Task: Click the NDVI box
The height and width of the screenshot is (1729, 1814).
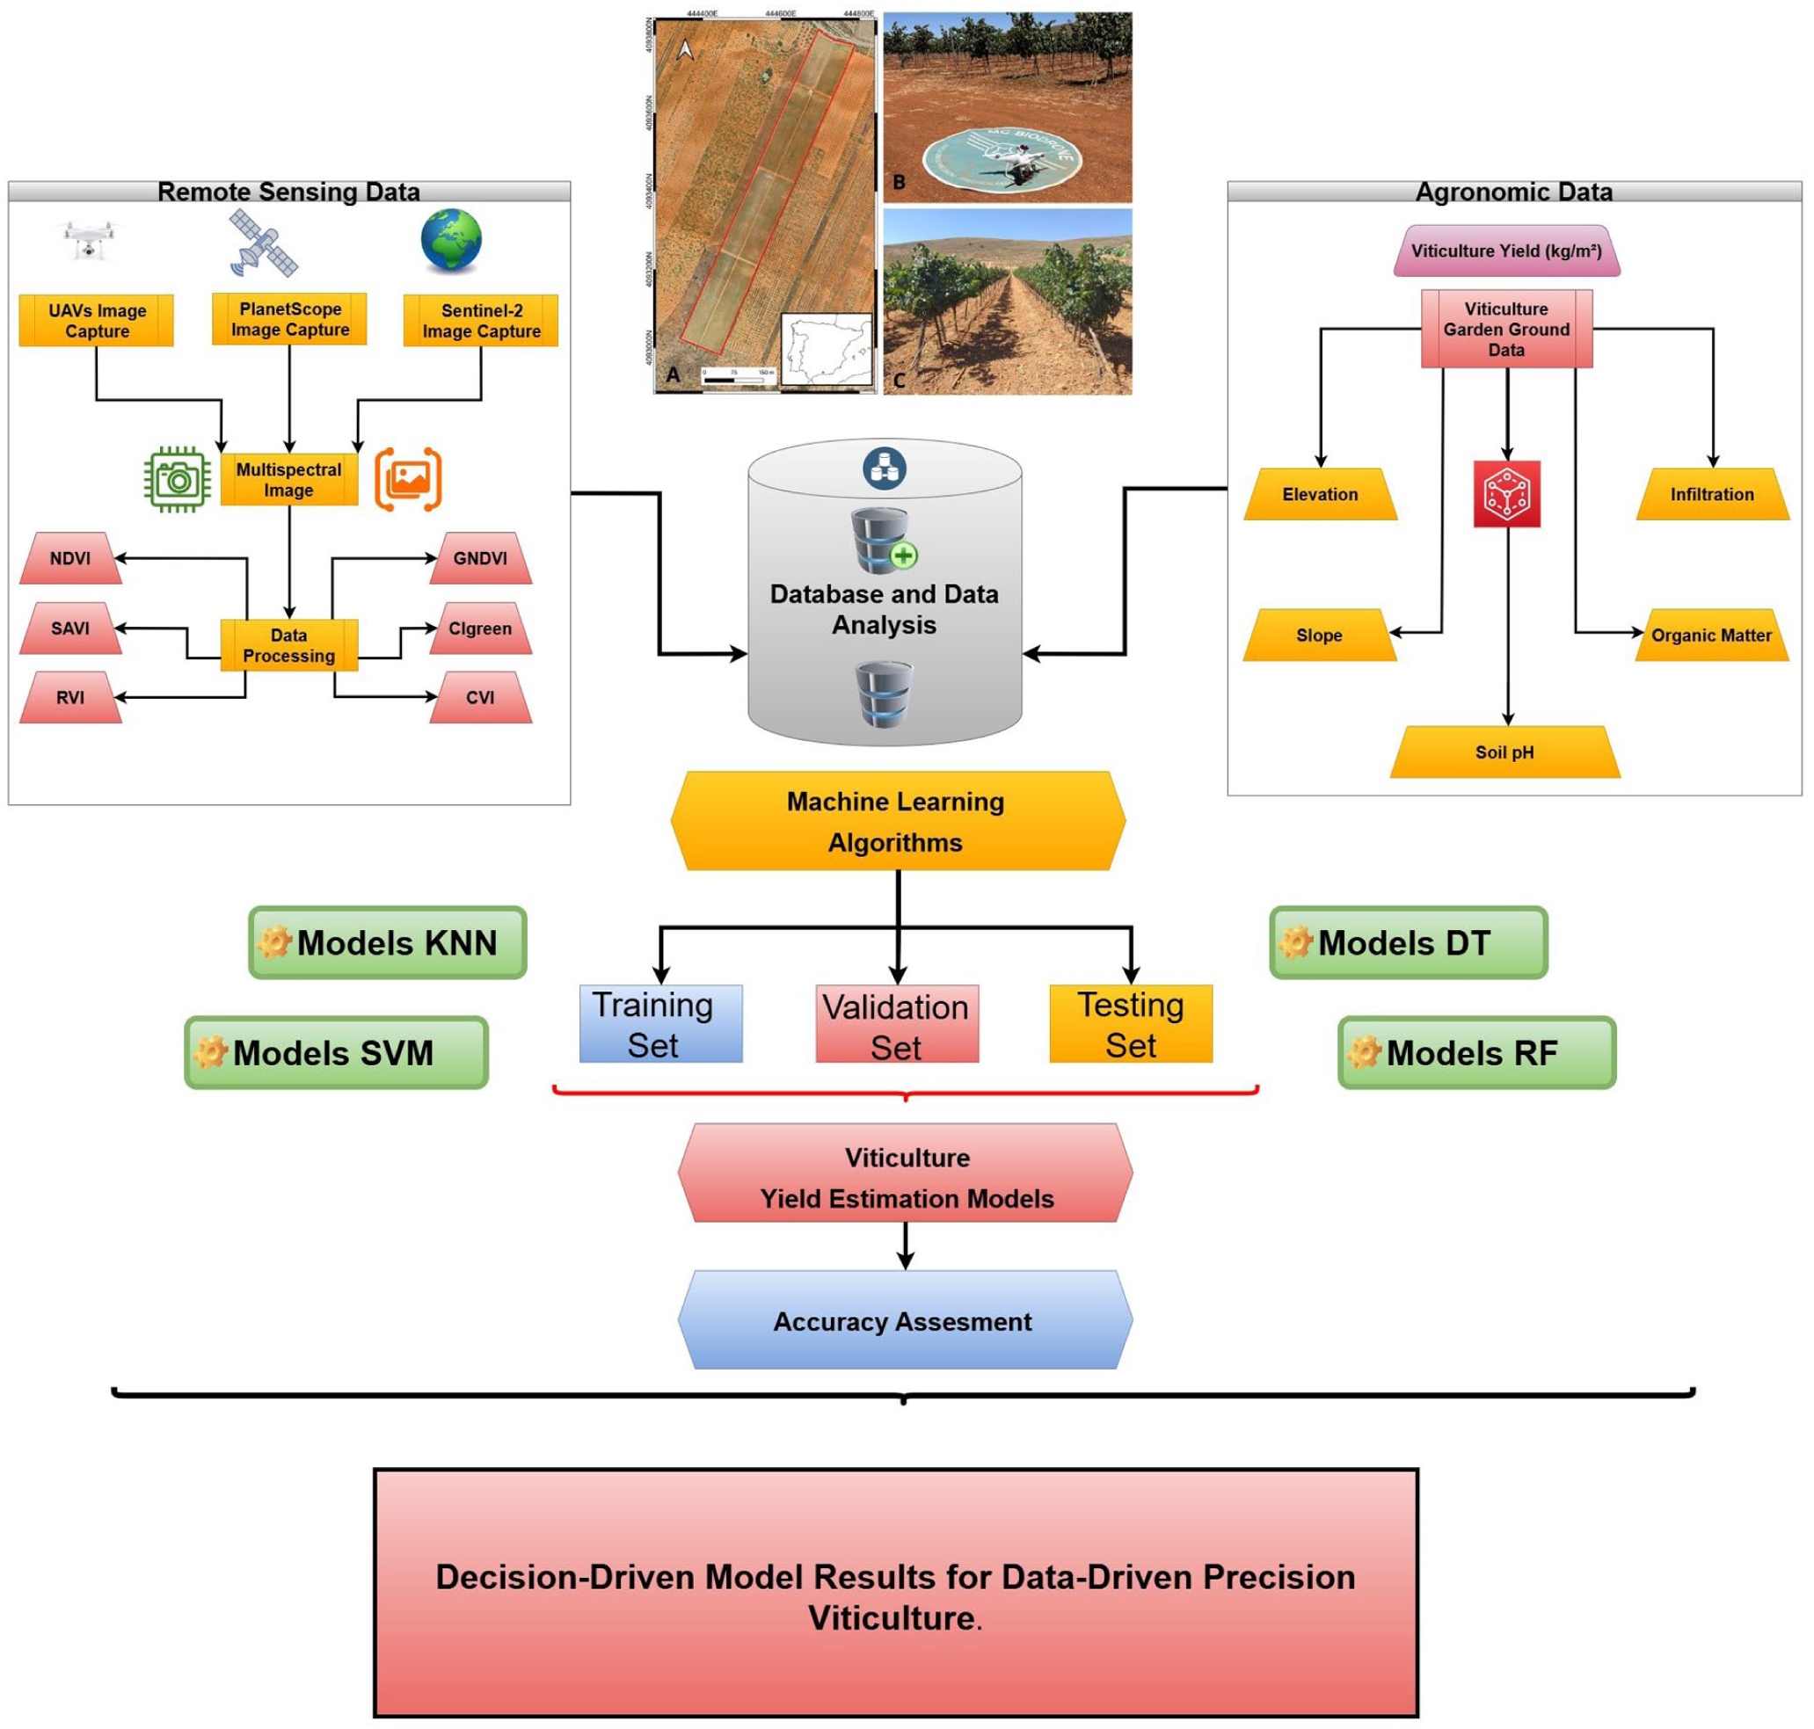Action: click(x=70, y=557)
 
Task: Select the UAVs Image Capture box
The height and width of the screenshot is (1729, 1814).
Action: click(x=97, y=321)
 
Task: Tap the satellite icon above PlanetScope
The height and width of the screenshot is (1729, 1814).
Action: click(x=264, y=243)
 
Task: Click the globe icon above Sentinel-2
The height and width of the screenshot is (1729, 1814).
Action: click(x=451, y=241)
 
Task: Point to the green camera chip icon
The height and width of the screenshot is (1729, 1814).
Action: click(x=177, y=479)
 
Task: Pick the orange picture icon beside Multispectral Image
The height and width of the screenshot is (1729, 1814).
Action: click(x=408, y=479)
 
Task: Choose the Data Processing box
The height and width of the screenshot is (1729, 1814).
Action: click(x=288, y=645)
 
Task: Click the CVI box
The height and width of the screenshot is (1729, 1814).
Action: click(x=480, y=697)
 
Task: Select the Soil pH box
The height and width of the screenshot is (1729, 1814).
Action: click(x=1504, y=752)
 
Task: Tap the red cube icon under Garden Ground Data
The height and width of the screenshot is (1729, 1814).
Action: click(x=1506, y=494)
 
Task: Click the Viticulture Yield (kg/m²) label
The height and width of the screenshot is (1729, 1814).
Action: click(x=1506, y=251)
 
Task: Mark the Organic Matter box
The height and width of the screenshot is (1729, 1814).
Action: click(x=1711, y=635)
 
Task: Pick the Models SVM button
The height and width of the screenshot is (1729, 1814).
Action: click(x=337, y=1052)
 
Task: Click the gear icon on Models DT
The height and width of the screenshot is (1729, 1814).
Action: click(x=1295, y=942)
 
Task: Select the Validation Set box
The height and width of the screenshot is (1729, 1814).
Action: click(x=896, y=1024)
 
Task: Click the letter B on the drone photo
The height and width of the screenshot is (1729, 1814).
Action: click(x=899, y=183)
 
